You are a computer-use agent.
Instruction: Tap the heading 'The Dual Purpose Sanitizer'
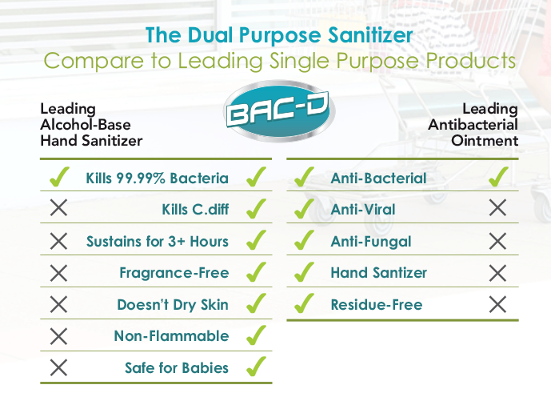pos(279,36)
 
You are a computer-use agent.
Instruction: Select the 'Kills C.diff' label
pos(194,210)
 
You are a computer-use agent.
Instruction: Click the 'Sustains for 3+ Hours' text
pos(157,241)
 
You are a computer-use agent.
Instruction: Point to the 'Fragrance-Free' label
pos(174,273)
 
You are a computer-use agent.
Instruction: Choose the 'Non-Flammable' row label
pos(171,336)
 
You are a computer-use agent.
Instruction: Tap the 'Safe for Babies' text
pos(176,368)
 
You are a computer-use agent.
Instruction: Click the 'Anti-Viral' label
pos(362,210)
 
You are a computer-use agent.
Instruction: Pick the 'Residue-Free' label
pos(376,305)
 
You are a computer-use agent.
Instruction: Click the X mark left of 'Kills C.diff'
pos(58,210)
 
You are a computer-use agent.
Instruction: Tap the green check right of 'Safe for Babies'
pos(256,367)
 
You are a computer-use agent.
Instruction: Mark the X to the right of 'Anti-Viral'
pos(497,209)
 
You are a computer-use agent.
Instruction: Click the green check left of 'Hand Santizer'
pos(303,272)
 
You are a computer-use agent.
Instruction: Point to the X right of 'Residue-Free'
pos(497,304)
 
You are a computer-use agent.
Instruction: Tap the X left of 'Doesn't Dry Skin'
pos(58,304)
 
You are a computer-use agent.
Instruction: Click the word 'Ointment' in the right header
pos(492,141)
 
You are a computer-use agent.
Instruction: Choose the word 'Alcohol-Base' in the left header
pos(86,125)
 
